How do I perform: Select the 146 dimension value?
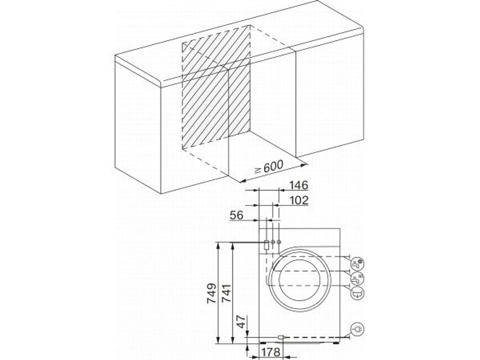pos(298,185)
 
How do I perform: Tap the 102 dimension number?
pos(298,200)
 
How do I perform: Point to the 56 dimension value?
pos(236,216)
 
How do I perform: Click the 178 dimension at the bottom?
pos(271,352)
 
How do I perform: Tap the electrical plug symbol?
pos(357,329)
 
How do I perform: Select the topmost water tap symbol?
pos(357,263)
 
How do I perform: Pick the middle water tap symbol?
pos(357,278)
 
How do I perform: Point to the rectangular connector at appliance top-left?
pos(266,244)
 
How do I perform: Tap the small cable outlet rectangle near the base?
pos(281,337)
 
